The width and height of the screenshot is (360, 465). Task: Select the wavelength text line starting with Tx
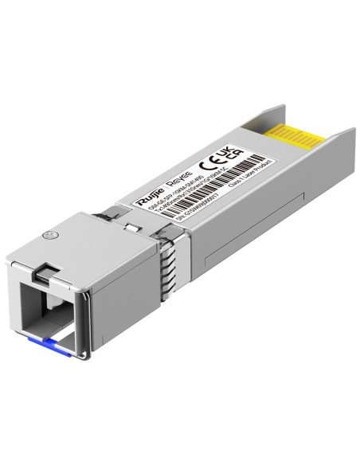[171, 207]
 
